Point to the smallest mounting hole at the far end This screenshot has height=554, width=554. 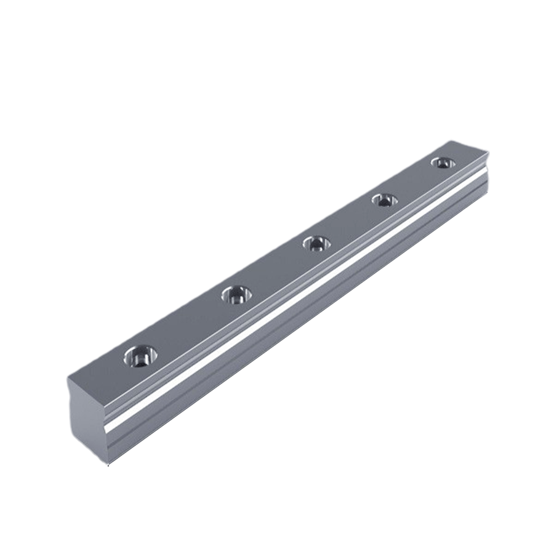click(x=441, y=163)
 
